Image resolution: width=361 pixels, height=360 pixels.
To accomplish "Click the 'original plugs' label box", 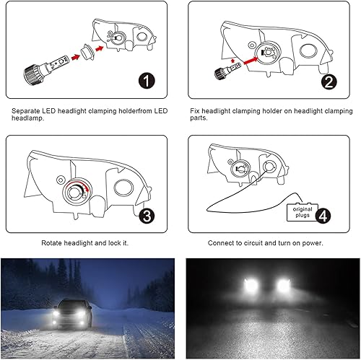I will coord(300,211).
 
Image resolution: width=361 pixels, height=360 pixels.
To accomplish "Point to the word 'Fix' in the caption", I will coord(195,111).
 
